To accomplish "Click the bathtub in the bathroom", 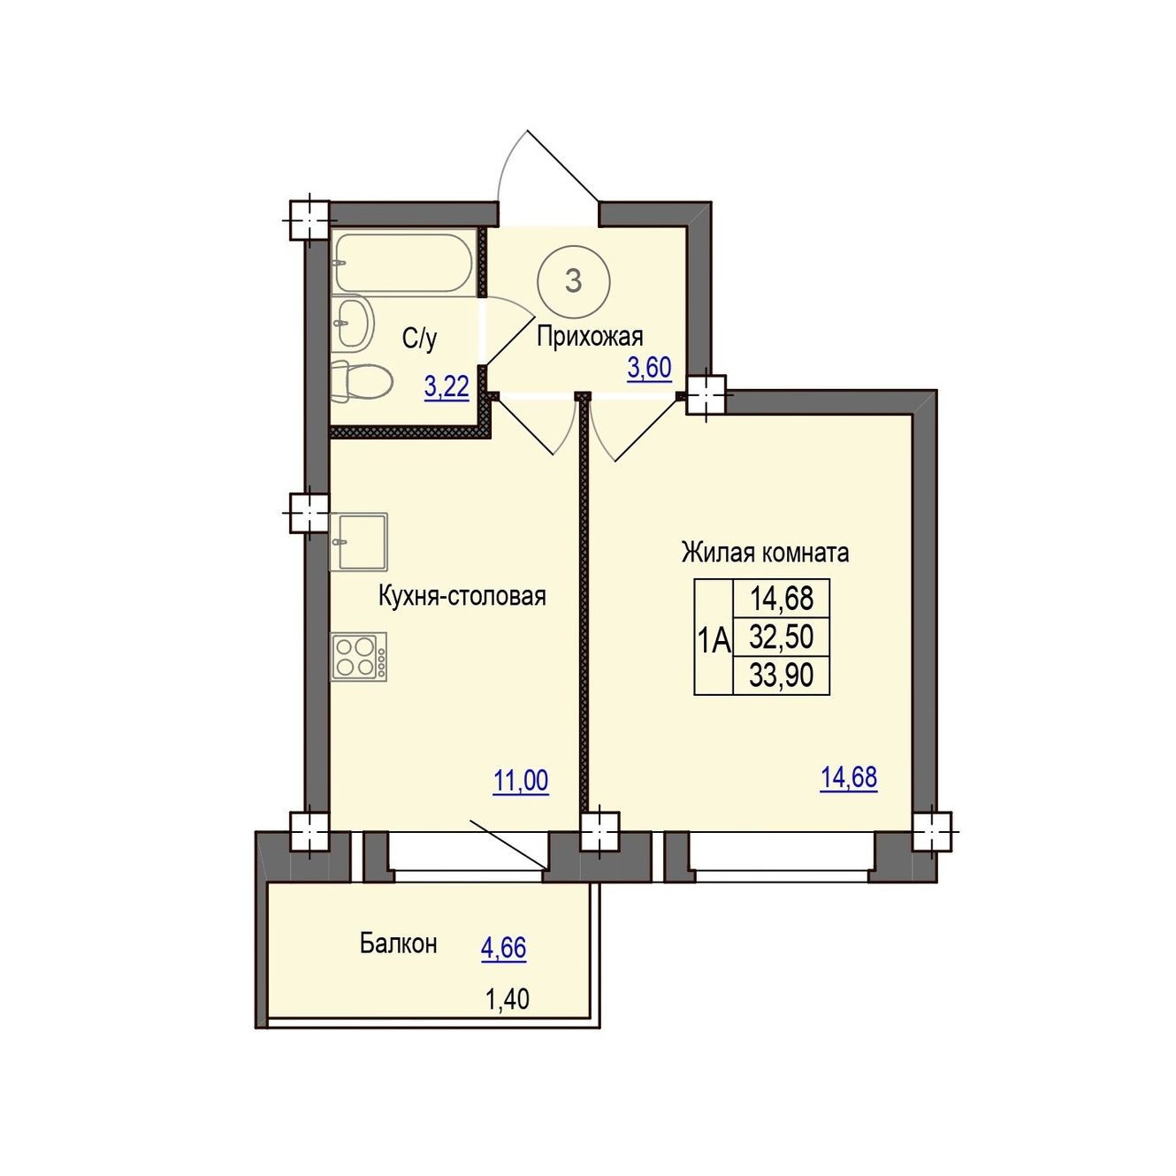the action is click(404, 262).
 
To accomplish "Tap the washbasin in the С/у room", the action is click(354, 324).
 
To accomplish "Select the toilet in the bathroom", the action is click(362, 381).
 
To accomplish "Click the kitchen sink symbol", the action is click(359, 541).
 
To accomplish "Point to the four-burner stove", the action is click(359, 657).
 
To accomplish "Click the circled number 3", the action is click(573, 281).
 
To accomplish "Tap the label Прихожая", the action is click(590, 337).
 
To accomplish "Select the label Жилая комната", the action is click(766, 553).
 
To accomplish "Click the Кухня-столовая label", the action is click(462, 596).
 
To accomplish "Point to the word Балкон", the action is click(398, 943).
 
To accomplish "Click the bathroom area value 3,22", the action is click(447, 387).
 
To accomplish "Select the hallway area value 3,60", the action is click(649, 370).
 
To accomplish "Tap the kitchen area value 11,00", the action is click(521, 782).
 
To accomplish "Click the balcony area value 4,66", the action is click(503, 949).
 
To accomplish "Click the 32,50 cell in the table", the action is click(781, 638).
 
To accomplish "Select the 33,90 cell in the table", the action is click(781, 676).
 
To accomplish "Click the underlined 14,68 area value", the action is click(849, 778).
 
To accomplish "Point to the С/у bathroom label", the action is click(420, 339).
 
